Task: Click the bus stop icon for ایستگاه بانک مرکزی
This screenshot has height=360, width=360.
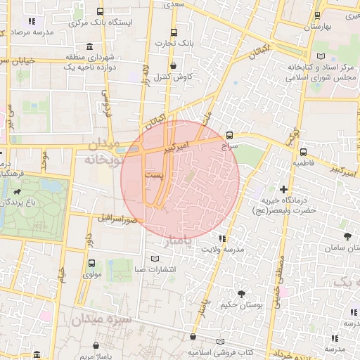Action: [x=100, y=11]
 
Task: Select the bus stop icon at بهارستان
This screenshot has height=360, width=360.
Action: [x=317, y=15]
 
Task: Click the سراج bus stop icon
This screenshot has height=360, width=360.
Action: [x=230, y=136]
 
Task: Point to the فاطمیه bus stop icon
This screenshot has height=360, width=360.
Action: [x=303, y=152]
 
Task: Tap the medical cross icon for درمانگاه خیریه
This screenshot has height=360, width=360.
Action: [x=283, y=189]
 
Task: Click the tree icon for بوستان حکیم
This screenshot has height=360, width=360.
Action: [x=242, y=293]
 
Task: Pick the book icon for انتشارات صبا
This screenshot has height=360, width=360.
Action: [x=155, y=258]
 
